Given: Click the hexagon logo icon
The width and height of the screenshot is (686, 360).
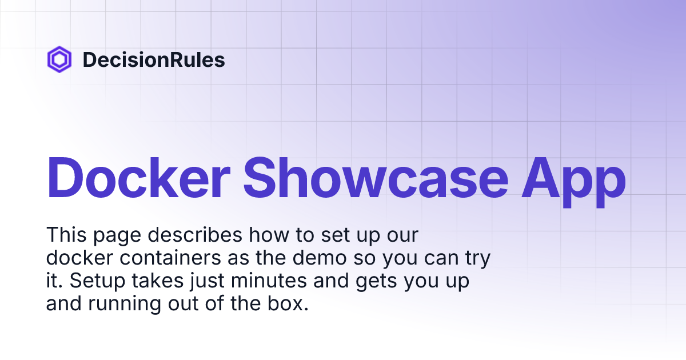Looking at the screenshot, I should (x=59, y=59).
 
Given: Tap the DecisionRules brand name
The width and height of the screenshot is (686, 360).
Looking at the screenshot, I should (x=154, y=60).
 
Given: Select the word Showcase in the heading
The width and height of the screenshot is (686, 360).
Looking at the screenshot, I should (x=376, y=178).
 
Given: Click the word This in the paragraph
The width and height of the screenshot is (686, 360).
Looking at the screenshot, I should (x=65, y=235).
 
